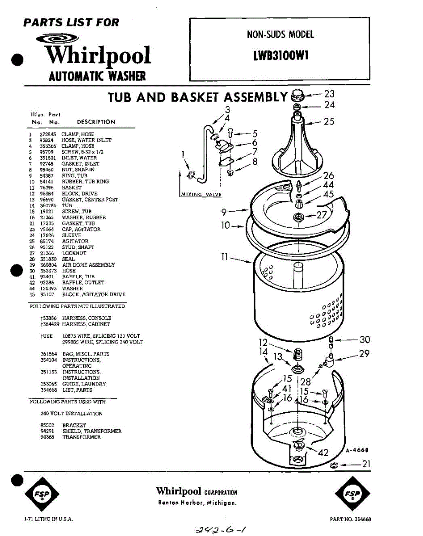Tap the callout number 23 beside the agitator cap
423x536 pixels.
329,94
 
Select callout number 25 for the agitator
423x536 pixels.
329,121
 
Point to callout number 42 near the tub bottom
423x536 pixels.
323,452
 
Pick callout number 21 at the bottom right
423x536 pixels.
366,465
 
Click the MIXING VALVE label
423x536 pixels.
201,195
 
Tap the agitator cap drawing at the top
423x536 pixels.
297,95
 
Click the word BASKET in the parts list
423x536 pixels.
72,188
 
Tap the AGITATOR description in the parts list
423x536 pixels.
75,241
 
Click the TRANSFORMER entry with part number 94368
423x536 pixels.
81,437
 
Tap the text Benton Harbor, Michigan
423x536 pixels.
197,503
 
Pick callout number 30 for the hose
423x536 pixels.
364,340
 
